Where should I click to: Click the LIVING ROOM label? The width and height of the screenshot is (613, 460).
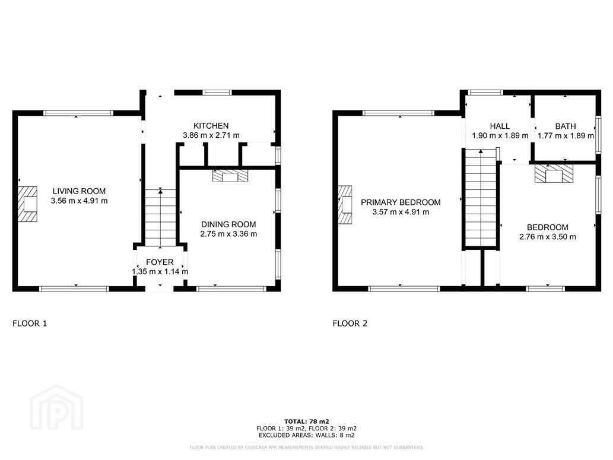pyautogui.click(x=79, y=191)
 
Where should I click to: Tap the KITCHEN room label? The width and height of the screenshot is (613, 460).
pyautogui.click(x=211, y=126)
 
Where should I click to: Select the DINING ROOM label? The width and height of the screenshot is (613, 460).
pyautogui.click(x=228, y=224)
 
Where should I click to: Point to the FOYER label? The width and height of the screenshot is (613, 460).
pyautogui.click(x=160, y=262)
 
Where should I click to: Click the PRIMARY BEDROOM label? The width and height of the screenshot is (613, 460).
pyautogui.click(x=401, y=202)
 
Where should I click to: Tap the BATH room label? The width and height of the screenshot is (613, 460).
pyautogui.click(x=566, y=126)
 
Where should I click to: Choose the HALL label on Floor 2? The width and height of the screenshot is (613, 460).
pyautogui.click(x=500, y=126)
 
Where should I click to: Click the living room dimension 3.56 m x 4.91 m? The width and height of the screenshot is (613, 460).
pyautogui.click(x=80, y=201)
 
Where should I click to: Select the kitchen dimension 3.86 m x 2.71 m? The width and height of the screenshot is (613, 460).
pyautogui.click(x=211, y=136)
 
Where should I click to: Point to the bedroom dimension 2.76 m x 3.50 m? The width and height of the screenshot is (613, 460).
pyautogui.click(x=548, y=237)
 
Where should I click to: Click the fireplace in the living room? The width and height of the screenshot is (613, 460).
pyautogui.click(x=27, y=204)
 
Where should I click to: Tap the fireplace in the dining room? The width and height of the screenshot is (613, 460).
pyautogui.click(x=230, y=176)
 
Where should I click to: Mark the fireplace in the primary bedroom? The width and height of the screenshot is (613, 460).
pyautogui.click(x=345, y=204)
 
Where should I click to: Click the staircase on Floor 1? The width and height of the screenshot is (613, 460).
pyautogui.click(x=161, y=217)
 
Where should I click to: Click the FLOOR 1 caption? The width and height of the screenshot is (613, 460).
pyautogui.click(x=30, y=323)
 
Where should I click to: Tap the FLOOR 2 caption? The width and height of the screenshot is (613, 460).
pyautogui.click(x=350, y=323)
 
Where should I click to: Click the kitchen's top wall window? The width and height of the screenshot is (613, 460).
pyautogui.click(x=217, y=93)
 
